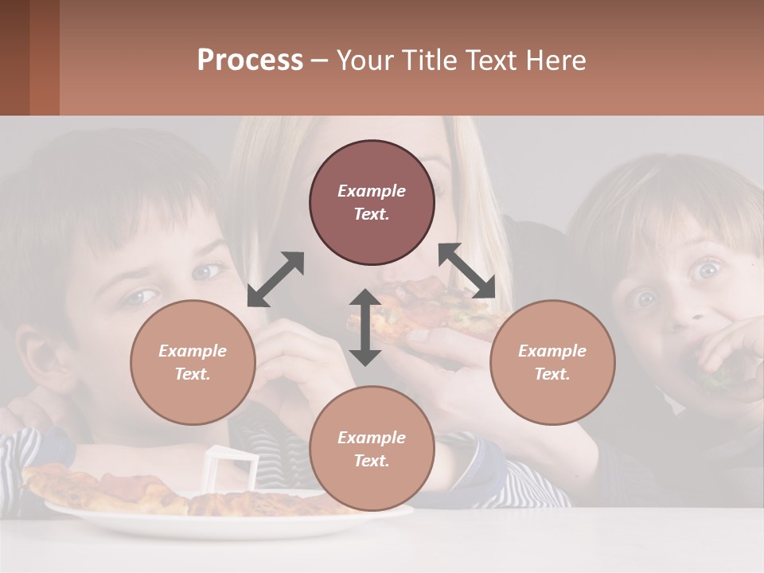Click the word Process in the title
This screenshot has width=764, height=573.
point(250,60)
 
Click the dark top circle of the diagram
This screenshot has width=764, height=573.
point(372,202)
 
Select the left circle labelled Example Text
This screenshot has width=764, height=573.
point(193,362)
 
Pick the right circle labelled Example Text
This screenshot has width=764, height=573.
point(552,362)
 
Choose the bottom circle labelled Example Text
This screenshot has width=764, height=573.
point(372,449)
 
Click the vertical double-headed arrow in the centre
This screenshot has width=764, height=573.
point(365,327)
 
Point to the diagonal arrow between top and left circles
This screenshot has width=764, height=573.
point(276,279)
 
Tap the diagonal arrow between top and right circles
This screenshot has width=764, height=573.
point(466,271)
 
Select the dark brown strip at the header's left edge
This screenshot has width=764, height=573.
point(14,57)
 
